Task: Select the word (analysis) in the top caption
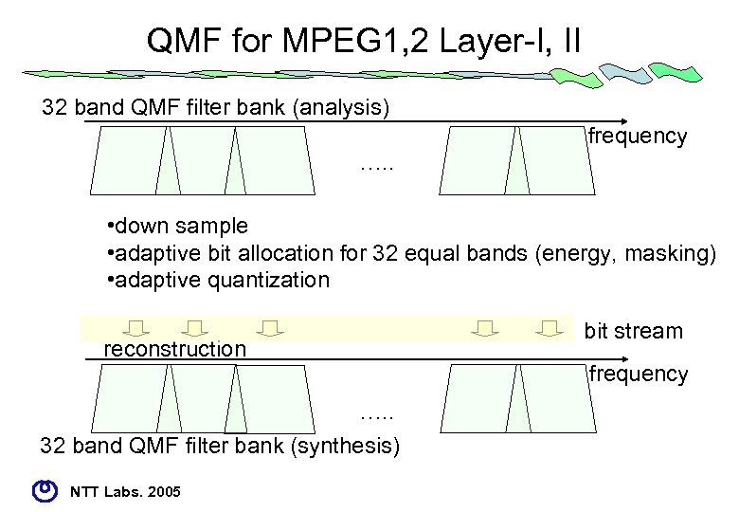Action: pos(342,107)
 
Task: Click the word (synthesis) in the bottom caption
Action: pos(348,445)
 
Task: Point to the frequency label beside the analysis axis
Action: pos(638,137)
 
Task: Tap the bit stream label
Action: pos(633,331)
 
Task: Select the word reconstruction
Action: pos(174,349)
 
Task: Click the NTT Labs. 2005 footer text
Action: pos(127,490)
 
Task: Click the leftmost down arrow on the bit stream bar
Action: pos(137,328)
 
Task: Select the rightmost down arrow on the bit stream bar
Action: pos(549,328)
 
